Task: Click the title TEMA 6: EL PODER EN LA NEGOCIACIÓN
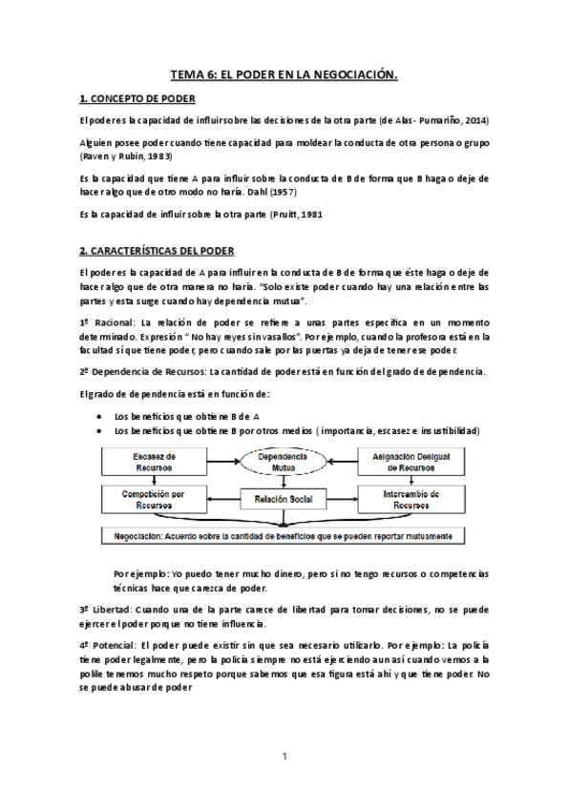coord(284,73)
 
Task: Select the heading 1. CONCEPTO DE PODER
coord(137,99)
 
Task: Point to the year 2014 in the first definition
coord(474,120)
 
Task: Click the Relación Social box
coord(284,499)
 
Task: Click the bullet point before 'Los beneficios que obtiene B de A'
coord(101,417)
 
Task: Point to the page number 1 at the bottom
coord(284,757)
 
